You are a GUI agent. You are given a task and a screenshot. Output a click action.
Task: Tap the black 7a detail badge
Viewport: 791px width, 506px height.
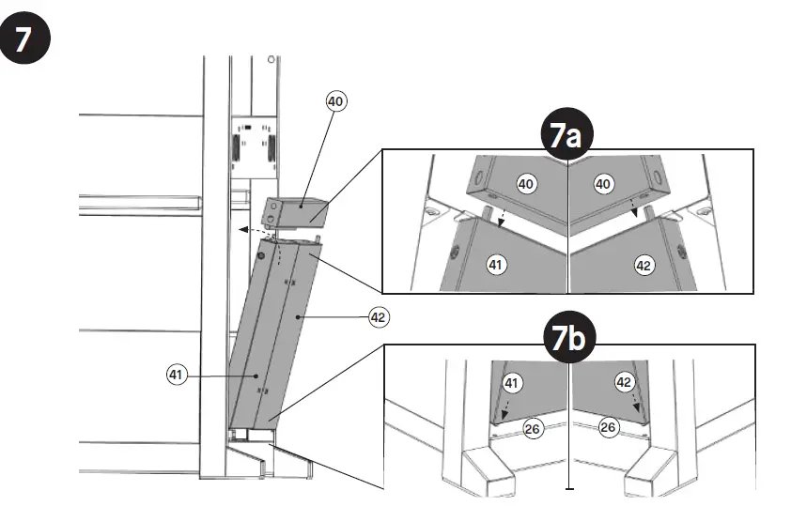point(567,136)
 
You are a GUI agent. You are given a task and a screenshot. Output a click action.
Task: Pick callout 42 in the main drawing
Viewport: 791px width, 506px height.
point(379,317)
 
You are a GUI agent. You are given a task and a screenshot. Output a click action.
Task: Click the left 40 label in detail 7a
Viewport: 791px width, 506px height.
point(526,184)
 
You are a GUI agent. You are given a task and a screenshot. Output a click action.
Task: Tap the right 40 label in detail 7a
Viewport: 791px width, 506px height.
point(604,185)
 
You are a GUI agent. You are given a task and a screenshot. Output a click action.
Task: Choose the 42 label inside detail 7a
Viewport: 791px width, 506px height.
point(644,266)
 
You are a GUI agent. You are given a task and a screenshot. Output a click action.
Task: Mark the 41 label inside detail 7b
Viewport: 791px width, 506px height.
point(510,383)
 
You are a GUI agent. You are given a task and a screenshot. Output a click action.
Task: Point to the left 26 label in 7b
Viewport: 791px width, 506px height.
point(531,428)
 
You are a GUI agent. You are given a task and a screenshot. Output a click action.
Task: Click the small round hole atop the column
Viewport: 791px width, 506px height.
point(271,59)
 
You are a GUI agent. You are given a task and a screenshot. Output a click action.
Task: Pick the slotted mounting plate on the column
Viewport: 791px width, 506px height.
point(251,146)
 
